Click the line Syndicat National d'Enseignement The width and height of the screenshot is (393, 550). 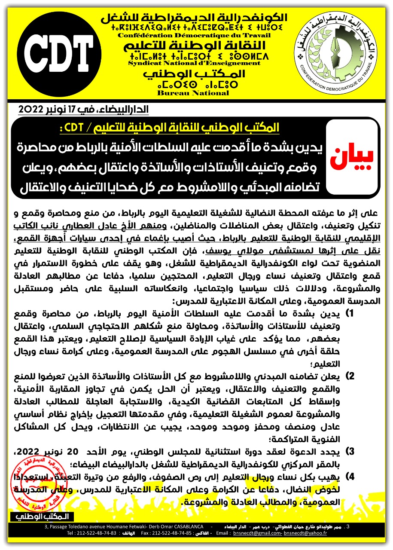point(195,63)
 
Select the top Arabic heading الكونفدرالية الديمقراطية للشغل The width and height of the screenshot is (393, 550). point(195,18)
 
